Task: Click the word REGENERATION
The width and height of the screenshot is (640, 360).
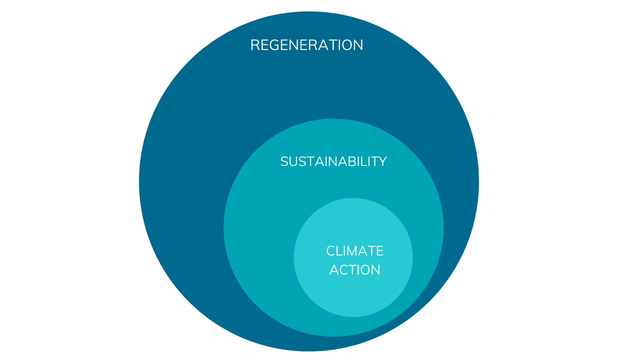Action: pyautogui.click(x=306, y=45)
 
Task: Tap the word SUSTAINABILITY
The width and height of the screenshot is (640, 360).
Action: pyautogui.click(x=333, y=161)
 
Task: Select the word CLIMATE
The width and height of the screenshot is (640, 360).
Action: pyautogui.click(x=354, y=250)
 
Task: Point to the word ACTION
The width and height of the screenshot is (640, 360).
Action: pyautogui.click(x=354, y=270)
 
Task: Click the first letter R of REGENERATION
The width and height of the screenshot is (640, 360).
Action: pyautogui.click(x=254, y=45)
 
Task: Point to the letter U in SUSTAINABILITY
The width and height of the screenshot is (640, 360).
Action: pyautogui.click(x=293, y=161)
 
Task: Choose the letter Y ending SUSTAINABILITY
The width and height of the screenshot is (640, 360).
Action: pyautogui.click(x=382, y=161)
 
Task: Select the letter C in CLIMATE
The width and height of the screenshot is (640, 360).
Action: pyautogui.click(x=330, y=250)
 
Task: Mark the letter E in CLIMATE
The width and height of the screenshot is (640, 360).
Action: pyautogui.click(x=380, y=250)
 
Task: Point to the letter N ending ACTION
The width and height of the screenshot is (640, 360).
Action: pyautogui.click(x=376, y=270)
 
